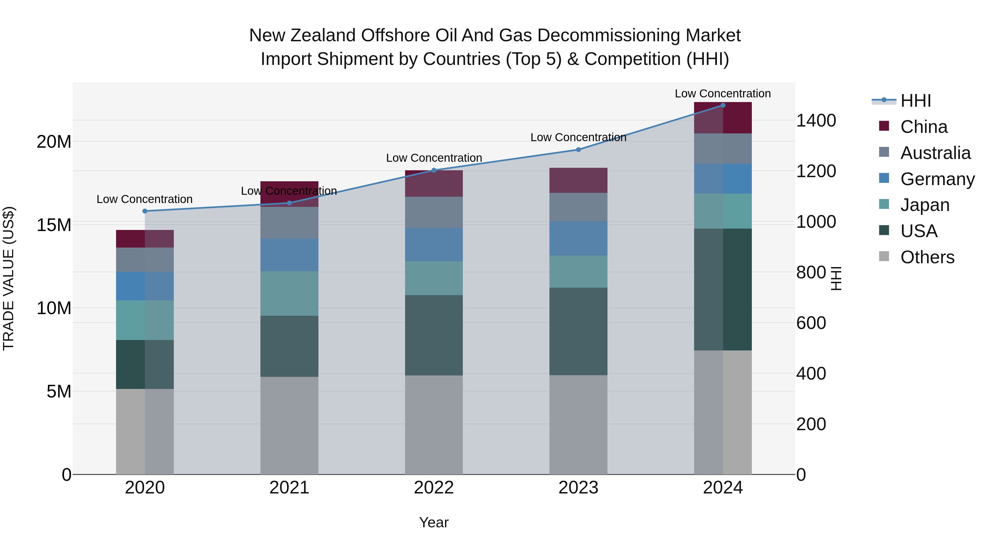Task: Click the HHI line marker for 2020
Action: tap(145, 211)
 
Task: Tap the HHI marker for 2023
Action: tap(578, 150)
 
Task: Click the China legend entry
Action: tap(923, 127)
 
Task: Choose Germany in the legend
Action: tap(937, 179)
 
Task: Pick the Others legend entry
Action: tap(927, 257)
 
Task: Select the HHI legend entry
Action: tap(915, 101)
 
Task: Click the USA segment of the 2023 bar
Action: tap(578, 331)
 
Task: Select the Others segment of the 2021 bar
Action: tap(289, 425)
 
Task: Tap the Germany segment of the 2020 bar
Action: tap(145, 286)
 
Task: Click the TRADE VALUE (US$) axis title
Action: tap(9, 278)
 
